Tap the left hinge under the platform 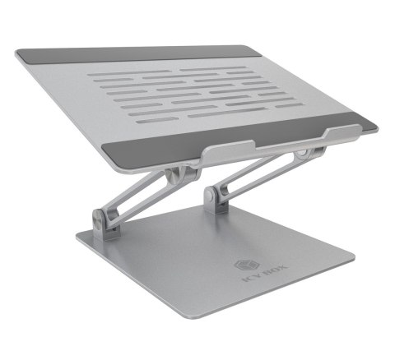tap(171, 177)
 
